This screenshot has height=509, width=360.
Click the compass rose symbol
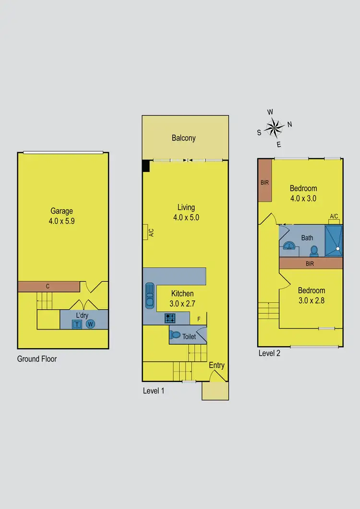(274, 128)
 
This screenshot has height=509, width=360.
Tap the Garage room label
(62, 211)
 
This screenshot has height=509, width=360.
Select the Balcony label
(184, 138)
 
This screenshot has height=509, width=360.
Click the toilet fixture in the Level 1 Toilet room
(176, 335)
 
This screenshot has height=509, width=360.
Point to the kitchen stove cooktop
(170, 317)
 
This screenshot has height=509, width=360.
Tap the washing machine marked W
(91, 324)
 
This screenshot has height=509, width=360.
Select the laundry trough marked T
(77, 324)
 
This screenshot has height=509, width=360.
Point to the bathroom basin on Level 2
(289, 246)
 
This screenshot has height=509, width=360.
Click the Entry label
(216, 366)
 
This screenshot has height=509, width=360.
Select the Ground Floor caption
(37, 358)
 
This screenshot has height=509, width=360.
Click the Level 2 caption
(269, 353)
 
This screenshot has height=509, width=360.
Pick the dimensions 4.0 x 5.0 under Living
(186, 217)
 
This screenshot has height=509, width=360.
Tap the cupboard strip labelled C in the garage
(48, 286)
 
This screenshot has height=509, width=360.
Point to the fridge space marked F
(199, 318)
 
